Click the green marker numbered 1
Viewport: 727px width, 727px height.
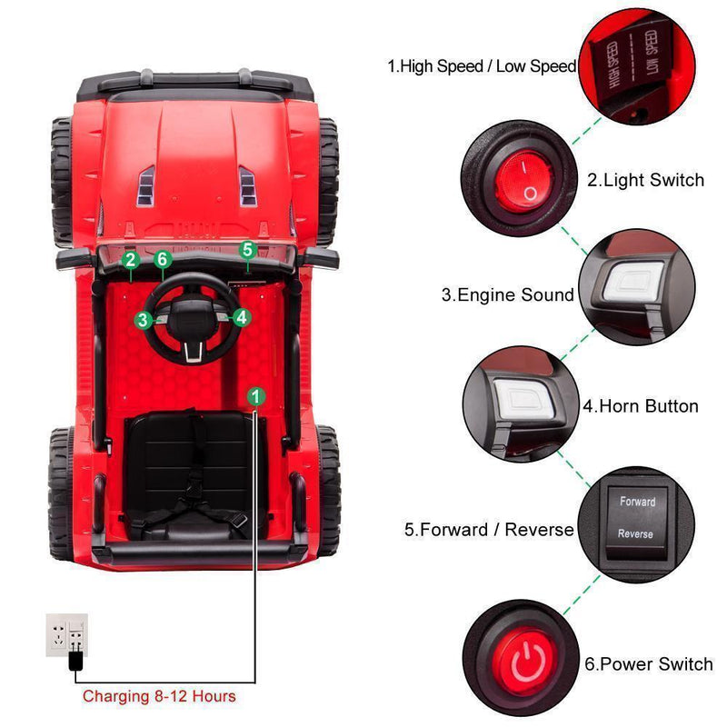coord(256,396)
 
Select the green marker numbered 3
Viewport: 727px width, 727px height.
coord(144,319)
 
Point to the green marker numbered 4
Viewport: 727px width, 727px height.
coord(241,317)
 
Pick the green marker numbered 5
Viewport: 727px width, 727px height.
coord(248,249)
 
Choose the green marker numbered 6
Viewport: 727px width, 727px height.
coord(163,260)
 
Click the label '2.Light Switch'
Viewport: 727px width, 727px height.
coord(645,180)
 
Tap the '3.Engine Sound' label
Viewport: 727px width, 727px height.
coord(508,294)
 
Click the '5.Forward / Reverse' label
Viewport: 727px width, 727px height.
coord(489,529)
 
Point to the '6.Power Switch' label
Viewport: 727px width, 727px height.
coord(648,664)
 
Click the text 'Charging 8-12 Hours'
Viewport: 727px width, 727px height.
coord(159,697)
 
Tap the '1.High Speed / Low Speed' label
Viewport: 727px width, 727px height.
coord(482,65)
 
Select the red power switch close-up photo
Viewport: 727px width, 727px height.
coord(521,658)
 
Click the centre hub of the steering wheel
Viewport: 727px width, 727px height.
coord(193,320)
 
